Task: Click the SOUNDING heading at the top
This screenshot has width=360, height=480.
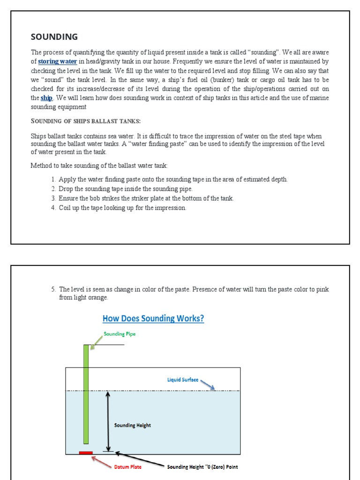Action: [54, 37]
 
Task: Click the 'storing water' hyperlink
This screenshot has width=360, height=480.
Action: [57, 61]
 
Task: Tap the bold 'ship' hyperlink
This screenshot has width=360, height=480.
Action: [46, 98]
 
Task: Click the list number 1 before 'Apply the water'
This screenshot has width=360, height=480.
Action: [53, 180]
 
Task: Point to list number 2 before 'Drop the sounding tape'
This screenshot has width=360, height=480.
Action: [53, 189]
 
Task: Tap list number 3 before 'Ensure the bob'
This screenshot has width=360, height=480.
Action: [53, 198]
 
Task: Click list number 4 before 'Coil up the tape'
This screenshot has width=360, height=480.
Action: [53, 208]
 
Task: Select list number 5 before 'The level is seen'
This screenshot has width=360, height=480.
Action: [53, 289]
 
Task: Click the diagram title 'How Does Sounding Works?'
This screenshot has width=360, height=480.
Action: [153, 319]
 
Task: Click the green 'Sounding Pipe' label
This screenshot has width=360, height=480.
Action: [120, 334]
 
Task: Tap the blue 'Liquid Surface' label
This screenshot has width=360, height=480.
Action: [183, 380]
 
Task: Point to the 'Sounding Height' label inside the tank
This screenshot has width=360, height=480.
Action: [133, 425]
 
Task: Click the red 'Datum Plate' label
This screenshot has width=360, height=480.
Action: [128, 467]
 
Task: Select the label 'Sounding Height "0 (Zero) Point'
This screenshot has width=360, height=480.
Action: [202, 467]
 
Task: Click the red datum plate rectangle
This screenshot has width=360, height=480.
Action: [86, 453]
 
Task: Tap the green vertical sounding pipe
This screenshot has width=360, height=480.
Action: [86, 394]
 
